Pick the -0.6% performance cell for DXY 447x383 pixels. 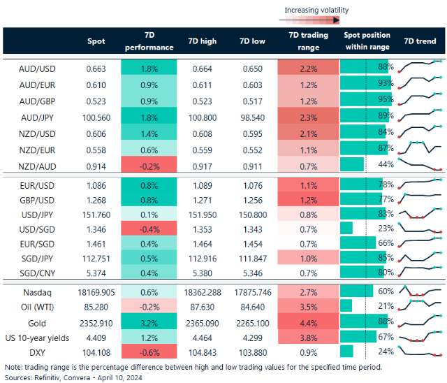[148, 352]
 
